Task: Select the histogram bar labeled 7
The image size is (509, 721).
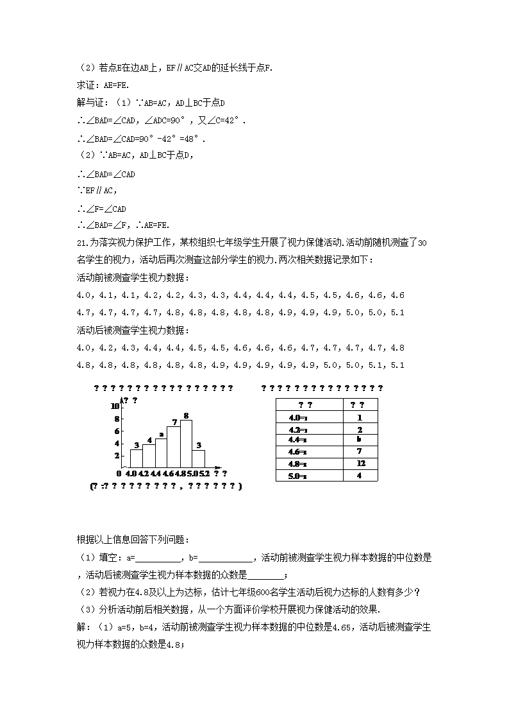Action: pos(173,447)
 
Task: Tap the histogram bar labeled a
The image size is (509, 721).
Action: pos(161,453)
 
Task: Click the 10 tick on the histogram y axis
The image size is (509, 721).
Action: pos(115,406)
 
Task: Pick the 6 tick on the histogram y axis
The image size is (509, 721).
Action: pos(117,431)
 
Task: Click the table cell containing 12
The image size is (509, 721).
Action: pos(360,464)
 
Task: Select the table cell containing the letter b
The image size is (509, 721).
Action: pos(360,440)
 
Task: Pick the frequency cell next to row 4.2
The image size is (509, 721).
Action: pos(360,429)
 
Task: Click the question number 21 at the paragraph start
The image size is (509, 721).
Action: pos(81,243)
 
